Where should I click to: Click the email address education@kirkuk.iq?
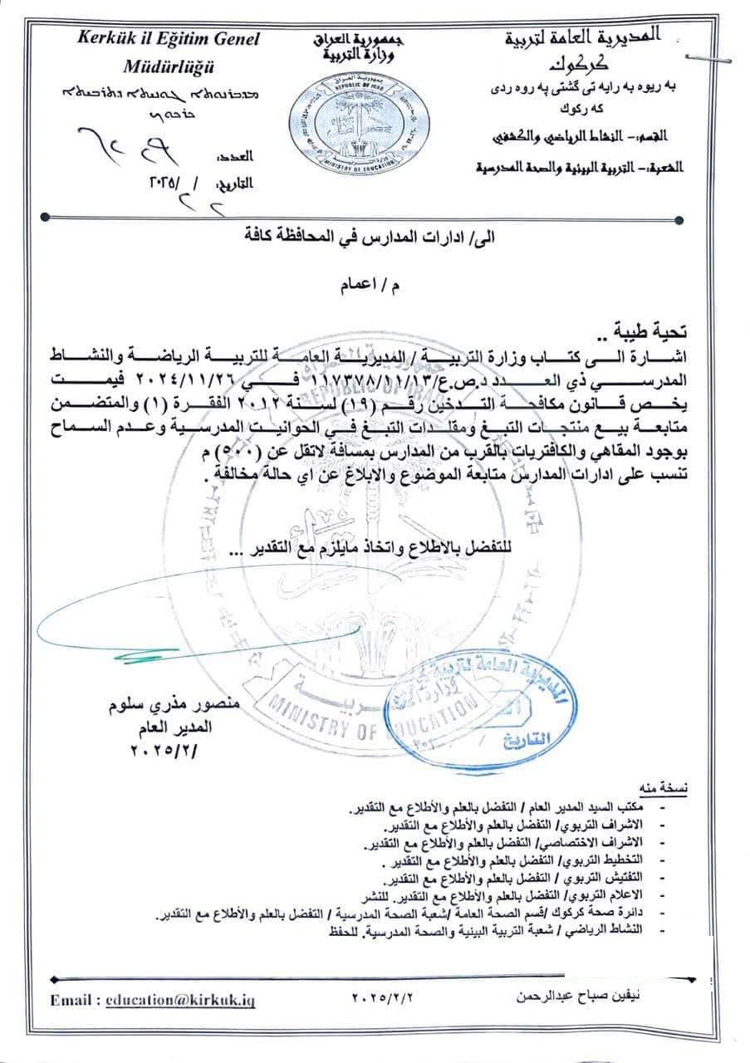(x=180, y=1001)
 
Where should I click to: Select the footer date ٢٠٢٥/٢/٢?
(x=382, y=995)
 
